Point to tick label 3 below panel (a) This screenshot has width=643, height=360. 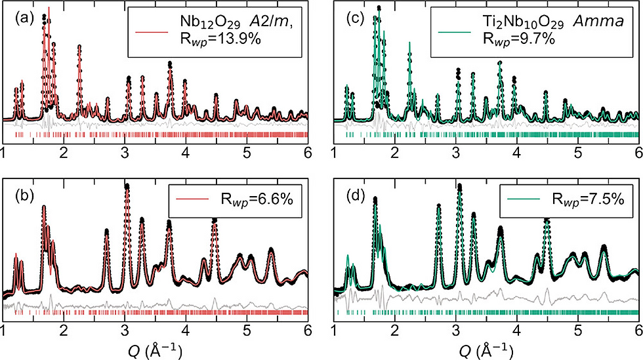125,153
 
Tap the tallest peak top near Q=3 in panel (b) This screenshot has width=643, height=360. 127,187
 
